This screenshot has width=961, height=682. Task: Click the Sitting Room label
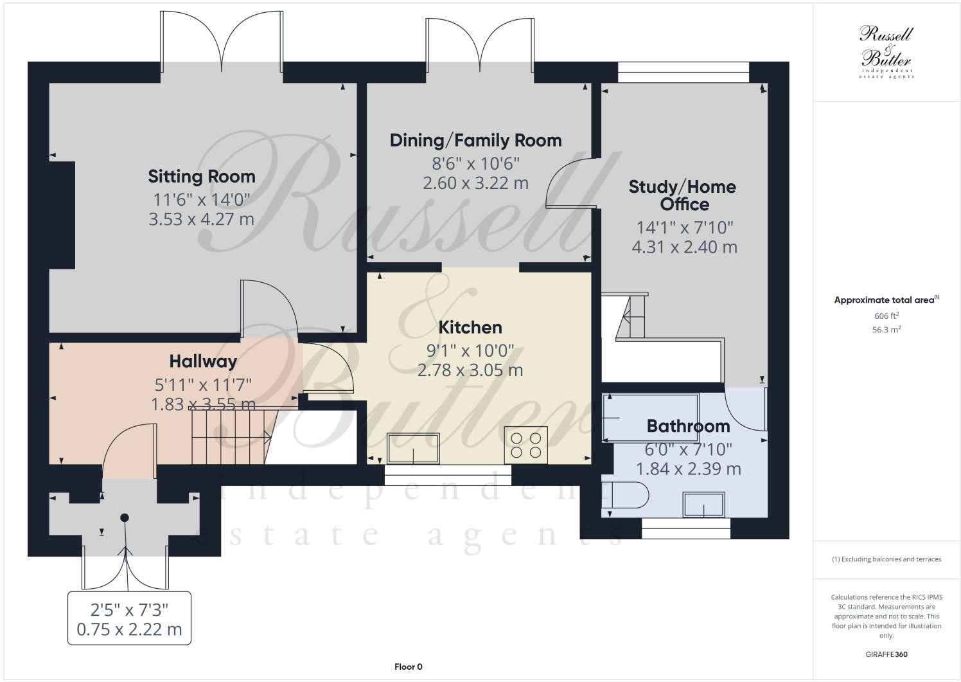[x=201, y=176]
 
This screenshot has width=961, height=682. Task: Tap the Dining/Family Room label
[x=475, y=140]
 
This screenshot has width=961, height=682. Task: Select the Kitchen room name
[x=470, y=327]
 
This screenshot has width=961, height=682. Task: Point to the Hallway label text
[x=203, y=362]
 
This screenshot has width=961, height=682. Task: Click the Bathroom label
[x=688, y=426]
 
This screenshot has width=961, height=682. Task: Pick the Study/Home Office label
[x=682, y=195]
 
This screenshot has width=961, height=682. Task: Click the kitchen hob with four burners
[x=525, y=445]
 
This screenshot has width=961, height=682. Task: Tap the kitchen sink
[x=413, y=448]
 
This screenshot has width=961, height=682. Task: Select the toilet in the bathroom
[x=628, y=496]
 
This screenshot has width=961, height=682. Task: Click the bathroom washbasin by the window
[x=703, y=505]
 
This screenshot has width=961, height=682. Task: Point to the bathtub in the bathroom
[x=650, y=417]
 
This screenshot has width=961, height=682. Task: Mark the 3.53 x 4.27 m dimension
[x=201, y=219]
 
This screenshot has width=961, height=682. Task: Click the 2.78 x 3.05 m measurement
[x=470, y=370]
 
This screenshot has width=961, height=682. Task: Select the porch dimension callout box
[x=129, y=618]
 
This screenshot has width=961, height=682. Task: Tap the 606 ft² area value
[x=886, y=316]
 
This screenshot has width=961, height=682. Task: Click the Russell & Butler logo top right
[x=886, y=52]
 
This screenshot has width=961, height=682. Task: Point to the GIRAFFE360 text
[x=886, y=655]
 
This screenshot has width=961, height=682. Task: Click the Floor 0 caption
[x=408, y=667]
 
